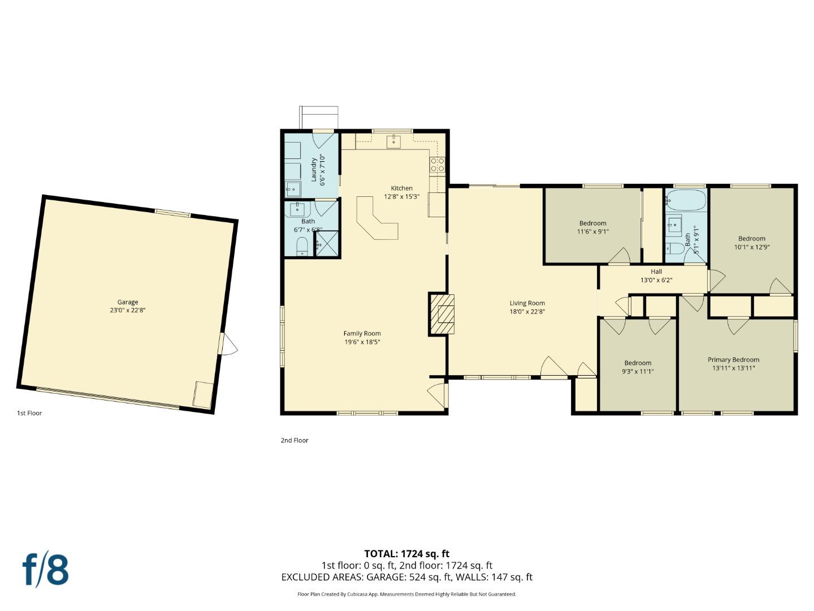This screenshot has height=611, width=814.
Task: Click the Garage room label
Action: tap(128, 302)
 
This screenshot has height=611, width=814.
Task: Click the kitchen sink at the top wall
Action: tap(394, 141)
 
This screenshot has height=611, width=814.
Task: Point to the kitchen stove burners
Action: tap(438, 164)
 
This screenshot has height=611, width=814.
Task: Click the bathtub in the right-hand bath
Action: tap(686, 200)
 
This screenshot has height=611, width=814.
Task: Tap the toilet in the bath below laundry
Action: tap(302, 246)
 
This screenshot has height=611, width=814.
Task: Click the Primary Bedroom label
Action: tap(733, 360)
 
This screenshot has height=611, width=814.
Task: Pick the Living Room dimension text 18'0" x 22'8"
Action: tap(527, 312)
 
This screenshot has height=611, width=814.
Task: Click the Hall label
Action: tap(656, 272)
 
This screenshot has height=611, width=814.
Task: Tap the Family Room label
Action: tap(362, 333)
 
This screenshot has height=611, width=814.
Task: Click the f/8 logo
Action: tap(45, 570)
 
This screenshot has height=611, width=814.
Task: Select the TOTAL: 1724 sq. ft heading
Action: tap(406, 554)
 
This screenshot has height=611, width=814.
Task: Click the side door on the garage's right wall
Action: tap(227, 344)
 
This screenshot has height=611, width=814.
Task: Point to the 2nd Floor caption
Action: tap(295, 440)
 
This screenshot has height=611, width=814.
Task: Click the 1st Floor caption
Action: tap(29, 413)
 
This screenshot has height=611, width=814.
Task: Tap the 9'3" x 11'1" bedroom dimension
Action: tap(638, 372)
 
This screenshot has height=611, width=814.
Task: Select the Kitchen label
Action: tap(401, 188)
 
